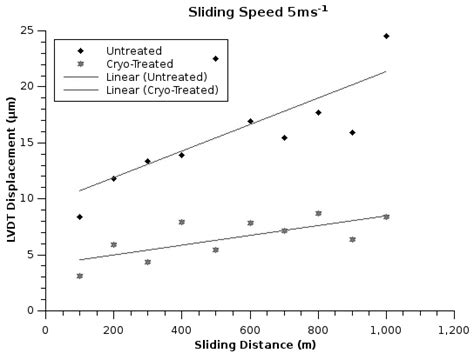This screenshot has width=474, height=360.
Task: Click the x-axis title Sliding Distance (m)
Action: [249, 345]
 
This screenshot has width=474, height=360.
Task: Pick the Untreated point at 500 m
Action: [215, 59]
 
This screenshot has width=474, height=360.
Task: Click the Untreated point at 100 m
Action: [79, 217]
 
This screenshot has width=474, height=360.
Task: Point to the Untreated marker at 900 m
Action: [352, 132]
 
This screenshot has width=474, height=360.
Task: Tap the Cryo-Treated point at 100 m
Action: [79, 276]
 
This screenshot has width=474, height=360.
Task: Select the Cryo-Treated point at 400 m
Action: [181, 222]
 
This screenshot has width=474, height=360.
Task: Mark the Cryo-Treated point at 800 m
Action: [318, 213]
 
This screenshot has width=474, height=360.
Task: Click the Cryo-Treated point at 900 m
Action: [352, 239]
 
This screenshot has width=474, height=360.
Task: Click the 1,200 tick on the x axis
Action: [453, 327]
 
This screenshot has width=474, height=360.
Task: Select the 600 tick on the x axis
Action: [249, 327]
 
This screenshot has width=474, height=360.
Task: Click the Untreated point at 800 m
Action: [318, 112]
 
